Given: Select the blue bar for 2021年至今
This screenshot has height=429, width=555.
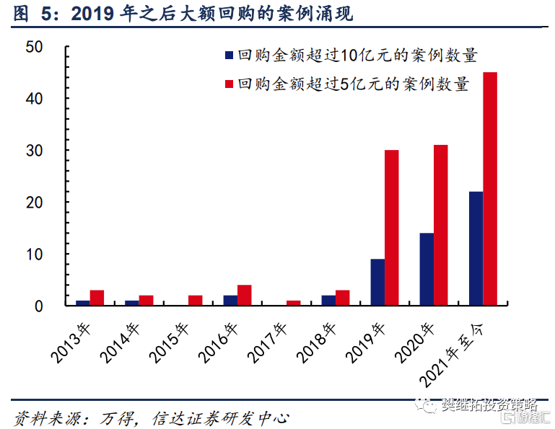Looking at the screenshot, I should coord(476,249).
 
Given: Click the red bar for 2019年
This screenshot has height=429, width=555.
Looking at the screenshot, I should coord(392,228).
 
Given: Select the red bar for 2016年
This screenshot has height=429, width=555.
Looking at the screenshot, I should coord(245,296).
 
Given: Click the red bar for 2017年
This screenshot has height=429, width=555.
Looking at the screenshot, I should coord(294,303).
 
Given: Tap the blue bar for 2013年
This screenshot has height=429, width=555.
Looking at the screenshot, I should coord(83,303).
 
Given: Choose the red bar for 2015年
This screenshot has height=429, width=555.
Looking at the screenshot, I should coord(196,301).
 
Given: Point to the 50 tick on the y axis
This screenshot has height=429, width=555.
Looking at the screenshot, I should coord(34,47).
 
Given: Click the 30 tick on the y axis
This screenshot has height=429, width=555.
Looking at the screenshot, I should coord(34,151).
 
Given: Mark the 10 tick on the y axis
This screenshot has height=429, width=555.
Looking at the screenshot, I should coord(34,255).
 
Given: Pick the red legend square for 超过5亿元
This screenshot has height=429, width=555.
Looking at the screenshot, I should coord(229,84).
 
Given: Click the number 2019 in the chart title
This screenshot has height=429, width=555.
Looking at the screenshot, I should coord(92,12).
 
